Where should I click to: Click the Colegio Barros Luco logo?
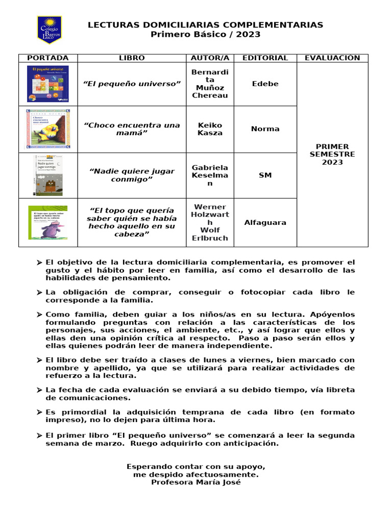pos(48,30)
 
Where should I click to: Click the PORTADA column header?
pos(48,58)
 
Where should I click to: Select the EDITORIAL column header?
pos(265,58)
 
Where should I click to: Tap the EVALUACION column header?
pos(332,58)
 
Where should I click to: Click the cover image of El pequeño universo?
pos(48,84)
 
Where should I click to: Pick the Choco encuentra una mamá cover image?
pos(48,129)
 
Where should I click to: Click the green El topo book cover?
pos(48,222)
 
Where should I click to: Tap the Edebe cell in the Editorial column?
pos(265,84)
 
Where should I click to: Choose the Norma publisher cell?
pos(265,129)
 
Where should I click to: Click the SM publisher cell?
pos(265,175)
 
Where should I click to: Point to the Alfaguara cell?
pos(265,222)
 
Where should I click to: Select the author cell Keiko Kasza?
pos(210,129)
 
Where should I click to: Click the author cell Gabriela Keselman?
pos(210,175)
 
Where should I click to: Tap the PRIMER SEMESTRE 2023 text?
pos(332,154)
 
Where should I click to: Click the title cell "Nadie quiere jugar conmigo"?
pos(132,175)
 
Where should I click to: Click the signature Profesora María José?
pos(195,482)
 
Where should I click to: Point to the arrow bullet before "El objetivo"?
pos(39,263)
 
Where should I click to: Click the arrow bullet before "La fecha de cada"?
pos(39,390)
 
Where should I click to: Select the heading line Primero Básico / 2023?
pos(205,34)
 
